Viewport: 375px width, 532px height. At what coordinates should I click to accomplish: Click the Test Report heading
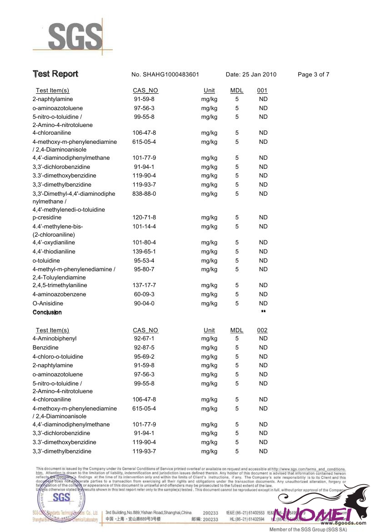click(x=55, y=74)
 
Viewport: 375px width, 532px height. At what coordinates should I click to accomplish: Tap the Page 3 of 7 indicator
click(x=313, y=75)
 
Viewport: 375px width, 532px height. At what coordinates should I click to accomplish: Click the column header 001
click(x=262, y=91)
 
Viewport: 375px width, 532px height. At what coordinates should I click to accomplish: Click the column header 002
click(x=262, y=330)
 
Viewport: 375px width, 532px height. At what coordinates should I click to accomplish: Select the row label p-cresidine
click(x=47, y=218)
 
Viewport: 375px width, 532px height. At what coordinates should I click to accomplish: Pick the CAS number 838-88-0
click(x=144, y=194)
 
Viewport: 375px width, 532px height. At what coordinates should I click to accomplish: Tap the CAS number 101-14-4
click(x=144, y=227)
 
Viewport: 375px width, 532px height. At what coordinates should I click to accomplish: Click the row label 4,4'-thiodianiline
click(x=54, y=252)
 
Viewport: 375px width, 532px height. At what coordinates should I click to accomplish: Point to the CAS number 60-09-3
click(x=144, y=294)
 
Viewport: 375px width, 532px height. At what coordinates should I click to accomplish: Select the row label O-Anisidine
click(x=48, y=304)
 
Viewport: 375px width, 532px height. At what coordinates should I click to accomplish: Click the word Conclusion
click(x=47, y=313)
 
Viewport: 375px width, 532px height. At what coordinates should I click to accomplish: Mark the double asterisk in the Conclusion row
click(x=263, y=312)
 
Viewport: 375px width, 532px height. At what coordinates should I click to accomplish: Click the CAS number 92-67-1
click(x=144, y=339)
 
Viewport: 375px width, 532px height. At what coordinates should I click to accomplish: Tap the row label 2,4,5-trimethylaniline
click(x=60, y=285)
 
